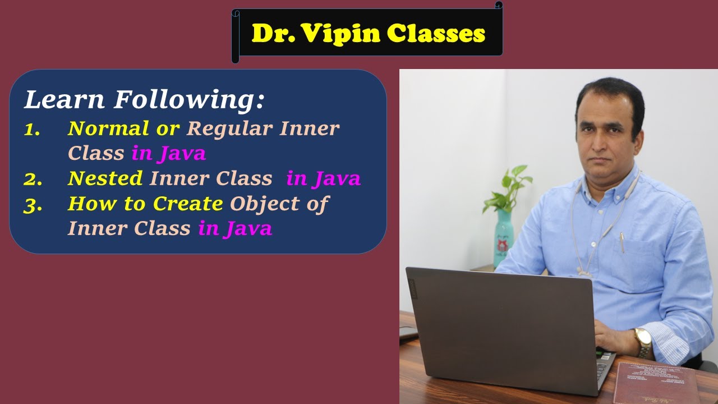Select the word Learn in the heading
[65, 100]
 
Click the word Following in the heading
[189, 100]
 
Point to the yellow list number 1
[32, 129]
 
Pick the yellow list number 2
[32, 178]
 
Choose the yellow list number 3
[32, 204]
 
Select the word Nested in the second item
[105, 178]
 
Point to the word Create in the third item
[188, 204]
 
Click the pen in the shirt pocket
[622, 242]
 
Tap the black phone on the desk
[408, 333]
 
